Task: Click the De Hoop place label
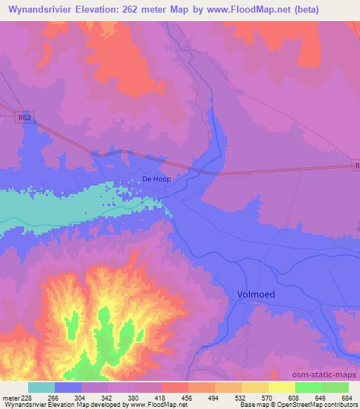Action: pyautogui.click(x=156, y=179)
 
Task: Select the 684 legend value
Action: pyautogui.click(x=347, y=398)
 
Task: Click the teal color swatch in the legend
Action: pyautogui.click(x=41, y=387)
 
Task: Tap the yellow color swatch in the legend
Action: pyautogui.click(x=281, y=387)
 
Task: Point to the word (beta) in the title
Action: pyautogui.click(x=283, y=10)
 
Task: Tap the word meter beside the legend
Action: pyautogui.click(x=9, y=398)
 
